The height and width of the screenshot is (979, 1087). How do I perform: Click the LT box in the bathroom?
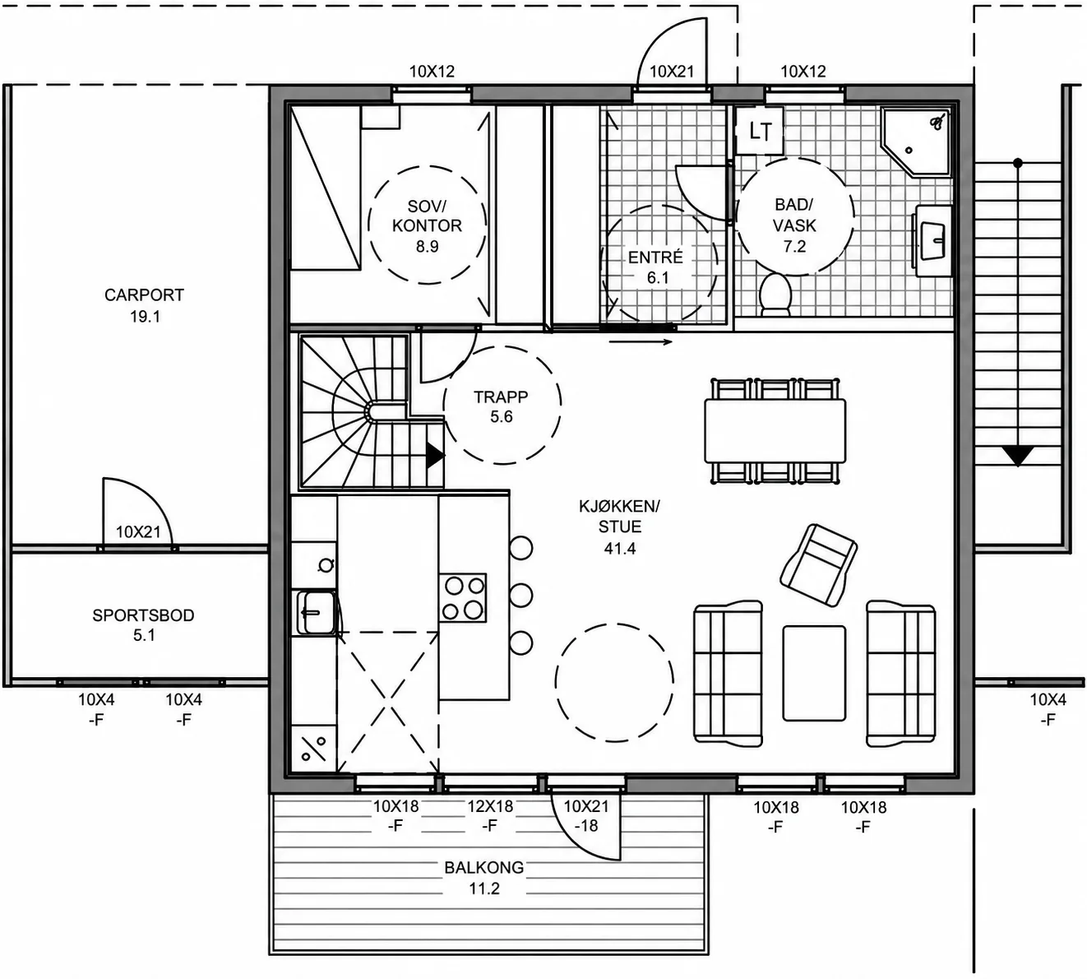pos(759,130)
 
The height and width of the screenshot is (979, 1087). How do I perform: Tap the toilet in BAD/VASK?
pos(775,295)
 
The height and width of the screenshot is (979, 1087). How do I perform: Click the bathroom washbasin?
pos(933,240)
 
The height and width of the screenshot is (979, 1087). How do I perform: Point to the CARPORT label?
pos(144,295)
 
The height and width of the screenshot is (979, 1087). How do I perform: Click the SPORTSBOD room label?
pos(143,615)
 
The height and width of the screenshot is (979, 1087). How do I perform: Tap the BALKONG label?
pos(484,867)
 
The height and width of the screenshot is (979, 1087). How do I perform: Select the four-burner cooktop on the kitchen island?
pos(463,597)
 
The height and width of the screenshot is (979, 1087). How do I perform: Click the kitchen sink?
pos(316,612)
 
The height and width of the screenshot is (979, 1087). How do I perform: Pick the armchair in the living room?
pos(818,565)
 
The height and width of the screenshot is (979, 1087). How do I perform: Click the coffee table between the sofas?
pos(814,673)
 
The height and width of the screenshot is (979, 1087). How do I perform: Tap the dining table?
pos(775,430)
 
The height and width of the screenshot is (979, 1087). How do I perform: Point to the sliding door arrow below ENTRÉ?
pos(641,341)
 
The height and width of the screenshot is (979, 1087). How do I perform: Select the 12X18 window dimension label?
pos(490,806)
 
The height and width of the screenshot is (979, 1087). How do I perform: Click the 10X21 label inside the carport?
pos(138,531)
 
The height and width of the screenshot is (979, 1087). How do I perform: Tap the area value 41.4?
pos(619,549)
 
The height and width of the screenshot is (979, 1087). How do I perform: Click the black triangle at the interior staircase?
pos(435,456)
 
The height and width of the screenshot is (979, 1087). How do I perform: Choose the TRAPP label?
pos(501,397)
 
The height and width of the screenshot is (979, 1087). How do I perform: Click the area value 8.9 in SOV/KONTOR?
pos(427,246)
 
